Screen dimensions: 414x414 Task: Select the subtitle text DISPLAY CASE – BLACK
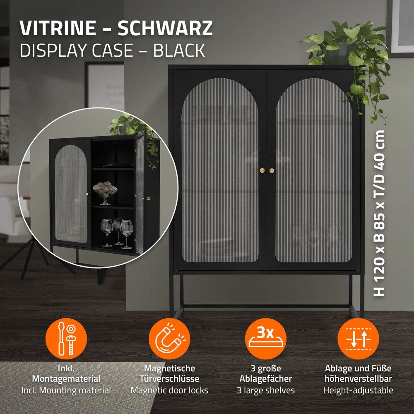click(112, 50)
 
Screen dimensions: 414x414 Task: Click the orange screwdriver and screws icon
click(66, 338)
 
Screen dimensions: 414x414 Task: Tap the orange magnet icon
click(169, 338)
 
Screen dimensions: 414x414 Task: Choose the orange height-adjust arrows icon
click(358, 338)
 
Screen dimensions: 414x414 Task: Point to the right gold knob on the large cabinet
click(272, 171)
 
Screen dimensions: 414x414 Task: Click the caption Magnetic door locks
click(169, 390)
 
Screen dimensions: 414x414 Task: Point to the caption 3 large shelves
click(266, 390)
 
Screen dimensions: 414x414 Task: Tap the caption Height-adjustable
click(358, 390)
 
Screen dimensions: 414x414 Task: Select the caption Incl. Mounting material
click(66, 390)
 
